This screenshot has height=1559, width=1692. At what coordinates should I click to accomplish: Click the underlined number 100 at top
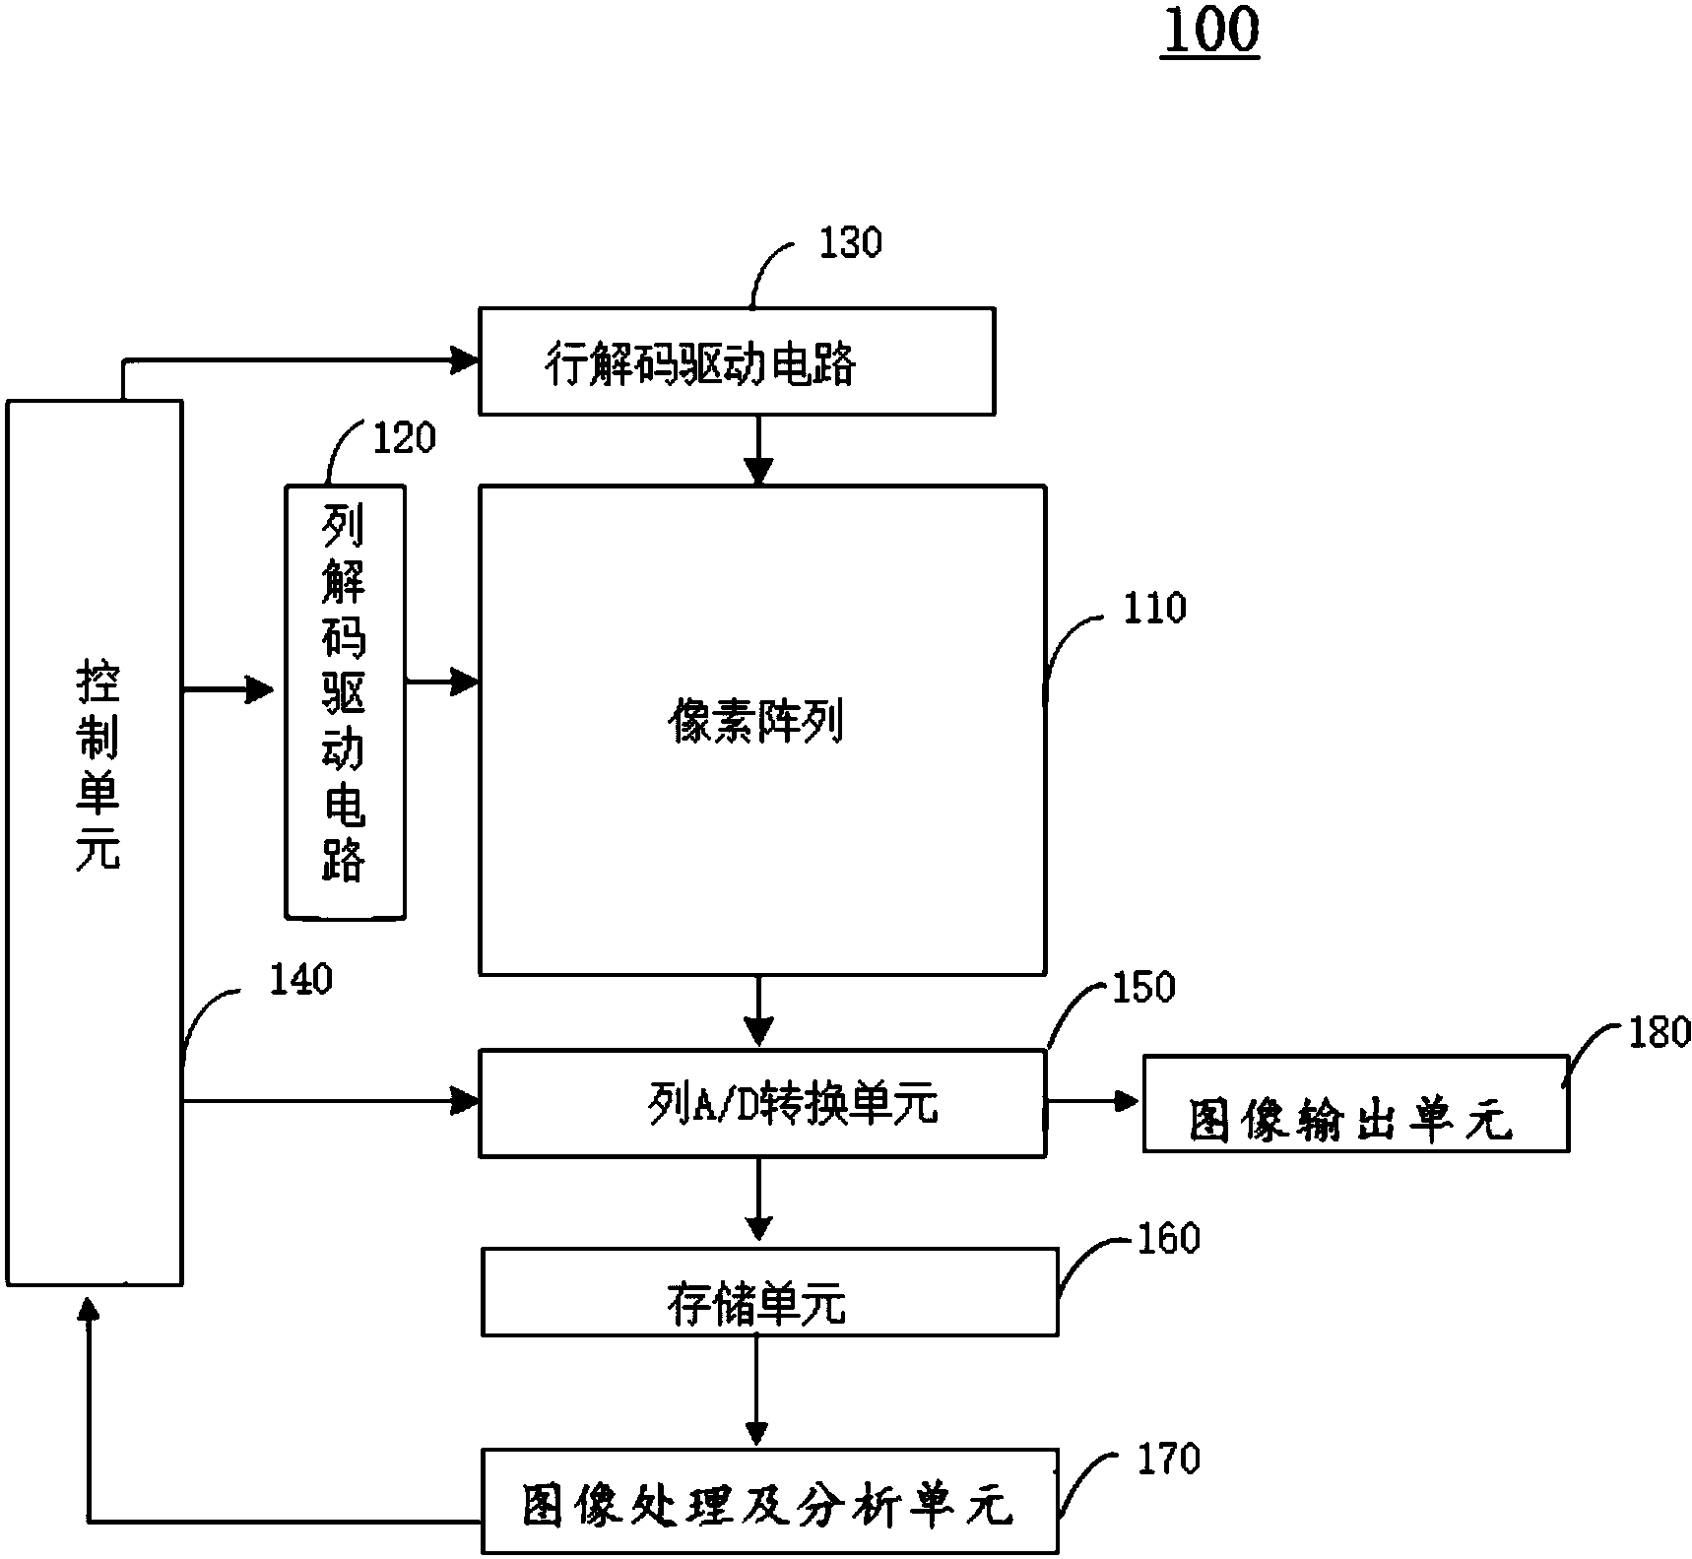coord(1210,32)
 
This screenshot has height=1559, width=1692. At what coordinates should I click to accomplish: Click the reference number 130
coord(851,243)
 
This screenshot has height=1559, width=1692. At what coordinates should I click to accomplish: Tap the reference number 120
coord(403,438)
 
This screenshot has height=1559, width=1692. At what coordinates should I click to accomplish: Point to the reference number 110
coord(1154,609)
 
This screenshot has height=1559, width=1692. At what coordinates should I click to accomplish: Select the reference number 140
coord(300,980)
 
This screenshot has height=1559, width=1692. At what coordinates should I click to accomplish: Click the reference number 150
coord(1142,988)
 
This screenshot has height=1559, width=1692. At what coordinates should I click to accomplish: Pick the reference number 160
coord(1168,1239)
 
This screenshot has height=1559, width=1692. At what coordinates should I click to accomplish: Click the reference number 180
coord(1659,1033)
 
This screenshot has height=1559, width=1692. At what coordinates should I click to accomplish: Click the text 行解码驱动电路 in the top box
coord(700,365)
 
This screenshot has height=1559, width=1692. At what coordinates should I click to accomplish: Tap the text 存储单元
coord(756,1307)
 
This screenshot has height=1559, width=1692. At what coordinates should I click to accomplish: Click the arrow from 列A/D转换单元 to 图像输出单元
coord(1093,1102)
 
